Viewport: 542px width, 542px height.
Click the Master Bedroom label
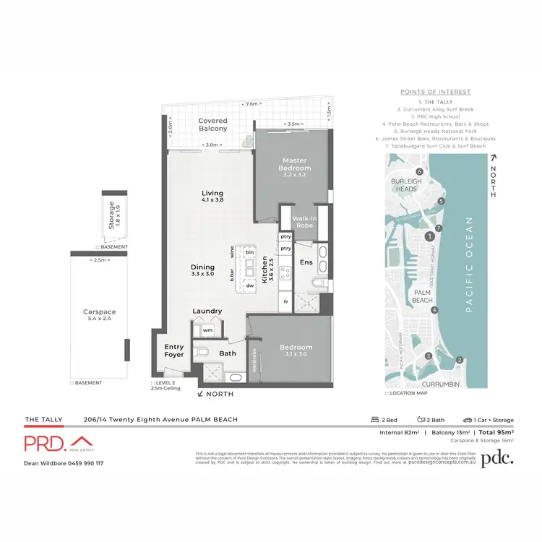click(x=296, y=164)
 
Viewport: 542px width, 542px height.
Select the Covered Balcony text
click(x=213, y=125)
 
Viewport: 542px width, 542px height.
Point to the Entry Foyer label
click(x=174, y=351)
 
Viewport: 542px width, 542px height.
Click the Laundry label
click(x=207, y=311)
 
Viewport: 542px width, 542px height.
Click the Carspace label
click(x=99, y=316)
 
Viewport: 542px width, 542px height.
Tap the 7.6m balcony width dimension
click(x=251, y=103)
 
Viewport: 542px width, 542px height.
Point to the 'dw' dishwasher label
click(x=249, y=285)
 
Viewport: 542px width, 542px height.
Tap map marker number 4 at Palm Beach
click(x=434, y=310)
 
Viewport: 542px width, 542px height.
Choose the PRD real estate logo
click(x=57, y=444)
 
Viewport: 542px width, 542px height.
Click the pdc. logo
click(x=498, y=457)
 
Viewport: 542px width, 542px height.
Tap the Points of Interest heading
click(x=435, y=92)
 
